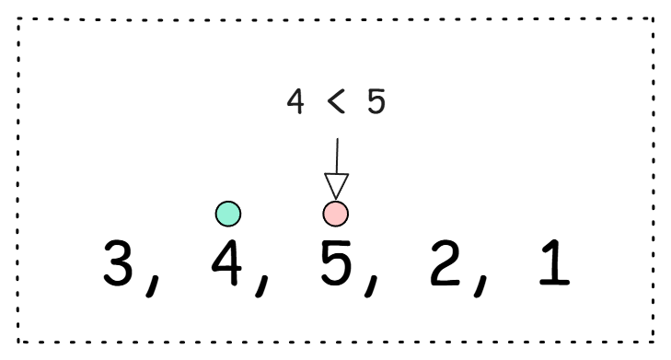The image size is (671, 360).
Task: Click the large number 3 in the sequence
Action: (x=118, y=262)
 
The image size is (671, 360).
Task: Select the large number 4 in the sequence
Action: (x=226, y=262)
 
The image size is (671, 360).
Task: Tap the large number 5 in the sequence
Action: (x=336, y=262)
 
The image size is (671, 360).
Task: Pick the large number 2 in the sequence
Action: (x=445, y=262)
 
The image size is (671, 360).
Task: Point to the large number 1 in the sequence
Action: (x=555, y=262)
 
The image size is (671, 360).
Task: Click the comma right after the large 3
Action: (x=153, y=285)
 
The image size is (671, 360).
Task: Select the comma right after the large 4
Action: (x=262, y=285)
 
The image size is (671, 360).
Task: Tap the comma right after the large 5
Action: (x=372, y=285)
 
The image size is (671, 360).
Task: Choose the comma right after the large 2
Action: (x=480, y=285)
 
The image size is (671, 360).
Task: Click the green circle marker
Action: (x=228, y=214)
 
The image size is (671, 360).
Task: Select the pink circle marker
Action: (x=335, y=214)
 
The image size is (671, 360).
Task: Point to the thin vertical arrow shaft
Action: (x=337, y=156)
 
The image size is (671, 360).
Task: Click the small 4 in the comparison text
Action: (x=295, y=101)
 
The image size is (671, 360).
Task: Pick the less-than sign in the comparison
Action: (x=336, y=102)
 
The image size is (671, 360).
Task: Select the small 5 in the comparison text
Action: (x=376, y=101)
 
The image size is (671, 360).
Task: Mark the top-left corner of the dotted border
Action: (x=18, y=18)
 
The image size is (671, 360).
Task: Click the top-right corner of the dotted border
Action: (x=653, y=18)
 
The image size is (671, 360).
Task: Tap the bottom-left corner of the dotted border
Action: (x=18, y=342)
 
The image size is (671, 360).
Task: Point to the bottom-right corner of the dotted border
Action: (x=653, y=342)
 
